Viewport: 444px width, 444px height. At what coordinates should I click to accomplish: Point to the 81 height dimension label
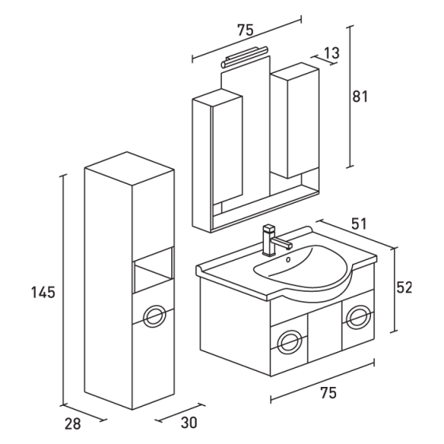[x=360, y=96]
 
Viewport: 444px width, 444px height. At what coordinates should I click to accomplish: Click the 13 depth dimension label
[x=331, y=52]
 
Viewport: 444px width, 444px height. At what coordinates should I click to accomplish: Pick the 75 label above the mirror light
[x=245, y=30]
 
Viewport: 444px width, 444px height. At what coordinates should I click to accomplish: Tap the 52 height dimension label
[x=404, y=288]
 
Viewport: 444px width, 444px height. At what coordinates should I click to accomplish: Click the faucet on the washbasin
[x=270, y=239]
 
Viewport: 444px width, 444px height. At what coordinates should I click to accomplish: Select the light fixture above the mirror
[x=247, y=57]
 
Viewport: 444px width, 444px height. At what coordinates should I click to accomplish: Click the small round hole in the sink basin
[x=288, y=257]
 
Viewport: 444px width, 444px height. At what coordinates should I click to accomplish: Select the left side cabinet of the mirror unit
[x=216, y=151]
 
